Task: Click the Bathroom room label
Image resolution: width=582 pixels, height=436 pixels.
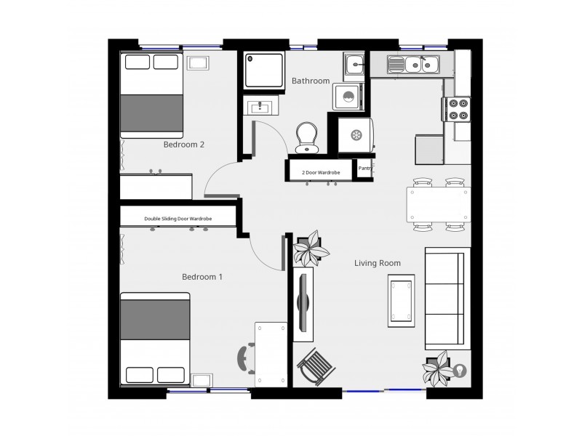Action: pyautogui.click(x=311, y=81)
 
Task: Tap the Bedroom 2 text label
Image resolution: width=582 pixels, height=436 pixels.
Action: pyautogui.click(x=183, y=145)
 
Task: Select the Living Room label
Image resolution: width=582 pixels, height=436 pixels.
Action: pyautogui.click(x=378, y=263)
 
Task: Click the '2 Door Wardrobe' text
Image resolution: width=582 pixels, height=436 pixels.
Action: pyautogui.click(x=321, y=172)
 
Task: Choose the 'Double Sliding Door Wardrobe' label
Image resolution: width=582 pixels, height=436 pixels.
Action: pyautogui.click(x=178, y=217)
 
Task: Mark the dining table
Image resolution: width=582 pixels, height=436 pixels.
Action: pyautogui.click(x=438, y=205)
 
